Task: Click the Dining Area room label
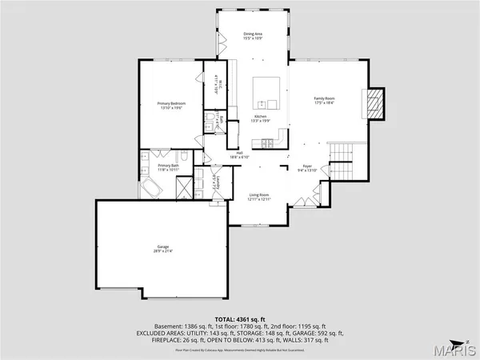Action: pyautogui.click(x=254, y=34)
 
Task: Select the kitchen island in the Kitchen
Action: pyautogui.click(x=267, y=92)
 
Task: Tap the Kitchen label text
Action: pyautogui.click(x=260, y=117)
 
